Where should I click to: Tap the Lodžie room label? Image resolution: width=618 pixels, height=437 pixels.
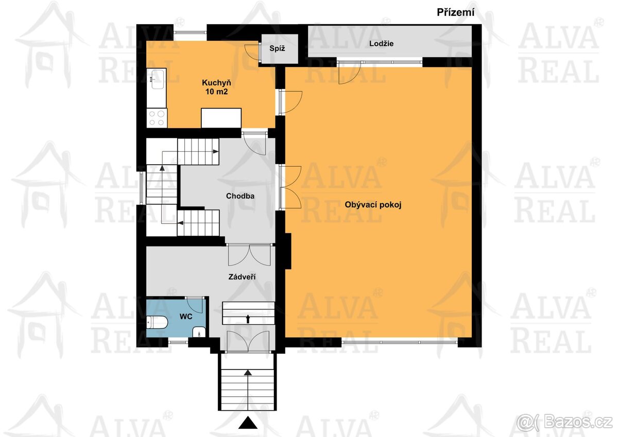[x=381, y=44]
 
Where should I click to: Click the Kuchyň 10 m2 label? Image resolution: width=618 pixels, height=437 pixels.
[x=216, y=87]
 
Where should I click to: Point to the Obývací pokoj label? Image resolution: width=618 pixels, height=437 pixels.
[x=373, y=204]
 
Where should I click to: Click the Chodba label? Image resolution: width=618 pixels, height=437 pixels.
[x=240, y=196]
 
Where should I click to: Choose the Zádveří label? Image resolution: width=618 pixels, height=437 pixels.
[x=242, y=277]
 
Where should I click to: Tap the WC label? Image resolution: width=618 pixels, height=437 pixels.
[x=185, y=317]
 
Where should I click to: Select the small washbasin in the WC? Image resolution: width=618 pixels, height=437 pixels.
[x=199, y=332]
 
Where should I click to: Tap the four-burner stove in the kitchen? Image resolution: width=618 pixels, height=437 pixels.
[x=157, y=118]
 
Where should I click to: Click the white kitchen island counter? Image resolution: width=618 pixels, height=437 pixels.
[x=221, y=117]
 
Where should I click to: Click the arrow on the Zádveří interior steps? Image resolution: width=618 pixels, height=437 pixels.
[x=248, y=319]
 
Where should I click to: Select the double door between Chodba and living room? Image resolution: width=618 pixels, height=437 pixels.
[x=290, y=187]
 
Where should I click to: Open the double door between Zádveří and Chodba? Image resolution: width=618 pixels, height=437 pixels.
[x=248, y=254]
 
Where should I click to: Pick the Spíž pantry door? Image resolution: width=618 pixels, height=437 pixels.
[x=252, y=52]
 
